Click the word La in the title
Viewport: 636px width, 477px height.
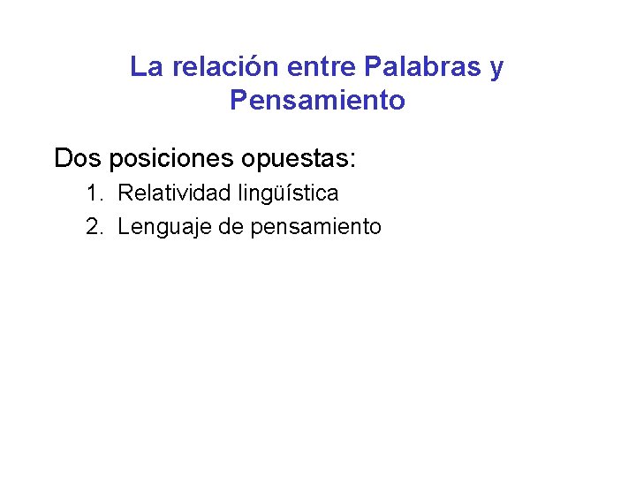pyautogui.click(x=145, y=67)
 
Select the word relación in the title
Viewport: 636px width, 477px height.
pyautogui.click(x=216, y=67)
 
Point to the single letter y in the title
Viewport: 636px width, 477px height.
pyautogui.click(x=496, y=69)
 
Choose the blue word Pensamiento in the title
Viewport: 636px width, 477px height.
pyautogui.click(x=317, y=101)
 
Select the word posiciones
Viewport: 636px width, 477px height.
pyautogui.click(x=174, y=159)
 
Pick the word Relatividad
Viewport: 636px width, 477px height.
pyautogui.click(x=173, y=193)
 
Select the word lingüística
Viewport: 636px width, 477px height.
pyautogui.click(x=287, y=193)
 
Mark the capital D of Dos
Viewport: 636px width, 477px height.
pyautogui.click(x=63, y=159)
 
